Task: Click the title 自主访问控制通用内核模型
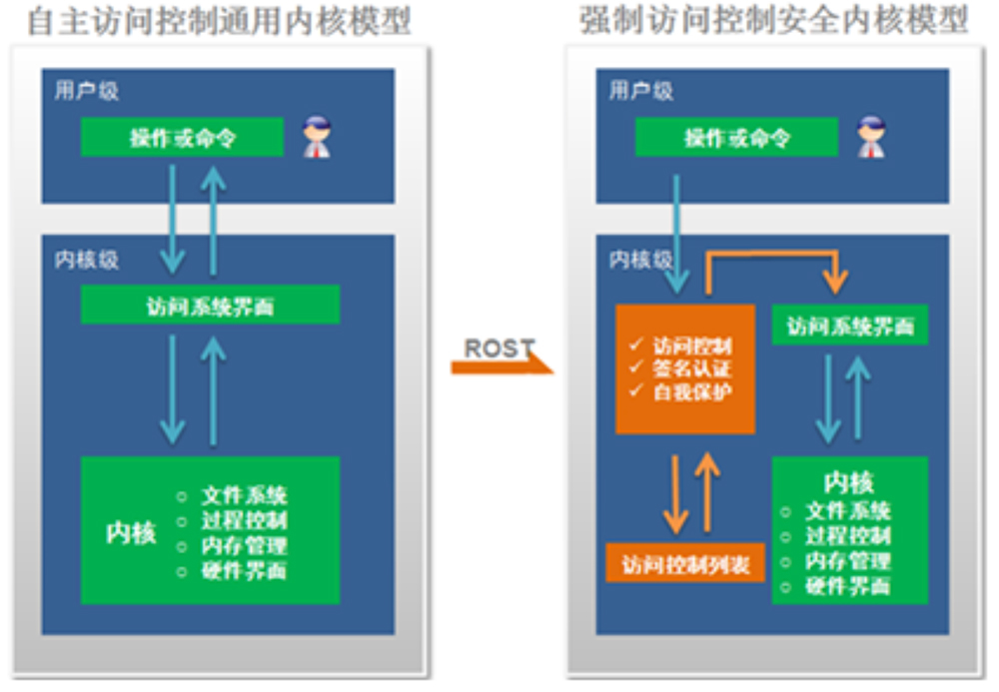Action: (x=219, y=22)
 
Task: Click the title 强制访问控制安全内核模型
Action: (x=774, y=22)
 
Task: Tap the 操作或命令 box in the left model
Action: (x=182, y=138)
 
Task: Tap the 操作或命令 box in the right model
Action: (x=736, y=138)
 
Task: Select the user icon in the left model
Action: (x=317, y=138)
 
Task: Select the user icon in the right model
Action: (x=871, y=138)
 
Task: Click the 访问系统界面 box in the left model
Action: (x=210, y=305)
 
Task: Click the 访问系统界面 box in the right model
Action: (x=849, y=327)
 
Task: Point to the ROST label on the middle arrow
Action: (x=499, y=349)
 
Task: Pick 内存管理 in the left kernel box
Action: (x=244, y=546)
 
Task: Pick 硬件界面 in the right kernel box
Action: (x=848, y=586)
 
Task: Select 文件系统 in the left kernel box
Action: (x=244, y=495)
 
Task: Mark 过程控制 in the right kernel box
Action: (x=848, y=536)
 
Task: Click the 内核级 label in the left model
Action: (x=87, y=260)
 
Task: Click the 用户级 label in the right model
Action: (x=641, y=91)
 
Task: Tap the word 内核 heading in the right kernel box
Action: (x=848, y=483)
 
